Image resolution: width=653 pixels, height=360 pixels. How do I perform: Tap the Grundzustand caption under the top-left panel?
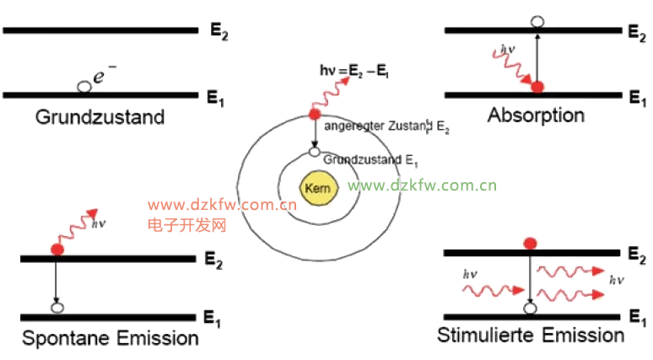(x=100, y=116)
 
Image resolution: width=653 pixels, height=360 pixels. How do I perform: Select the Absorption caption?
(x=536, y=115)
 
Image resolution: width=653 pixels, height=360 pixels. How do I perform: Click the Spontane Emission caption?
(x=110, y=339)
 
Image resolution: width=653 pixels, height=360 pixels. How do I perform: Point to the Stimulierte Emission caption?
(x=531, y=336)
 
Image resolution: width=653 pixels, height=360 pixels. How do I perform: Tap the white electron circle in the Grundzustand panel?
(x=83, y=87)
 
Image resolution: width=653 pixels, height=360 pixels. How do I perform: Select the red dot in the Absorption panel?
(x=537, y=86)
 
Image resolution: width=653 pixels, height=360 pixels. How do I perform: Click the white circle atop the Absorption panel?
(x=538, y=22)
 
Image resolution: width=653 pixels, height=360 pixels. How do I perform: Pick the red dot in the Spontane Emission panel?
(x=57, y=250)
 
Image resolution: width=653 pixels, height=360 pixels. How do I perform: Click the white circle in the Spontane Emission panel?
(x=57, y=309)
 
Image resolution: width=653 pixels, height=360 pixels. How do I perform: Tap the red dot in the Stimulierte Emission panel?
(x=530, y=243)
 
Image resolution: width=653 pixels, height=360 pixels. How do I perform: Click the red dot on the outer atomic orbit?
(x=314, y=114)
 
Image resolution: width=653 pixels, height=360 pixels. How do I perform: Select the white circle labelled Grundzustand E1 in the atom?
(x=315, y=153)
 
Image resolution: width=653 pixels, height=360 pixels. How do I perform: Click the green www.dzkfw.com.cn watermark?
(x=422, y=185)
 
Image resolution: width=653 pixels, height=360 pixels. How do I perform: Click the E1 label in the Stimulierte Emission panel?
(x=636, y=316)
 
